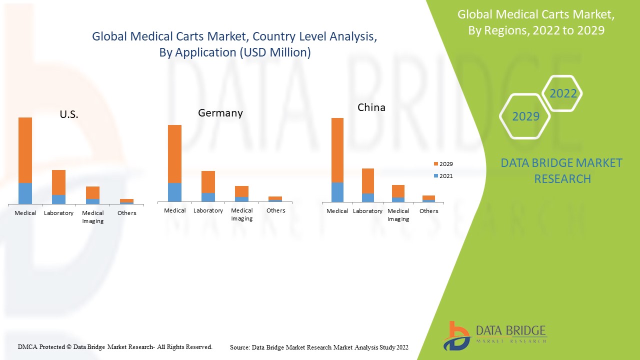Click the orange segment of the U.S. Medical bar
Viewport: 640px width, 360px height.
[x=25, y=150]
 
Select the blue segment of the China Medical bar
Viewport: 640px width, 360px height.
[x=337, y=192]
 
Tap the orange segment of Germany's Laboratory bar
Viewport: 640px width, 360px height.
[x=208, y=182]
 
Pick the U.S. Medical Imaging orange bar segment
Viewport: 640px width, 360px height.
[x=92, y=192]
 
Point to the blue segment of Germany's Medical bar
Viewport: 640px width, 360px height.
[x=174, y=192]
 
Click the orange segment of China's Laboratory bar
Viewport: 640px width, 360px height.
[x=368, y=181]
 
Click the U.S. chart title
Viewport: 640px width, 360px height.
[x=69, y=114]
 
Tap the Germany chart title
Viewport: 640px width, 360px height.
[x=220, y=113]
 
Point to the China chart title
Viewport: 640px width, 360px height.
[x=371, y=107]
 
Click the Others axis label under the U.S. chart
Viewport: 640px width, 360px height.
[x=126, y=213]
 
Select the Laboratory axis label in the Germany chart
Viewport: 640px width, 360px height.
[x=208, y=210]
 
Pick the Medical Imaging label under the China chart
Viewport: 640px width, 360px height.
[x=398, y=215]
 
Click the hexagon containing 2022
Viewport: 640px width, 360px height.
[x=563, y=93]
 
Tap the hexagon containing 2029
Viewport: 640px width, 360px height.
[x=525, y=116]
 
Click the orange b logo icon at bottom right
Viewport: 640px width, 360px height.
[x=455, y=335]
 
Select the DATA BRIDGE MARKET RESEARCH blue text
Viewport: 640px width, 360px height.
[x=562, y=170]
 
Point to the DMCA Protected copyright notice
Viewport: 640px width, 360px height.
[x=115, y=346]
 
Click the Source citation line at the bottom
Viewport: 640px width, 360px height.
[x=319, y=347]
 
